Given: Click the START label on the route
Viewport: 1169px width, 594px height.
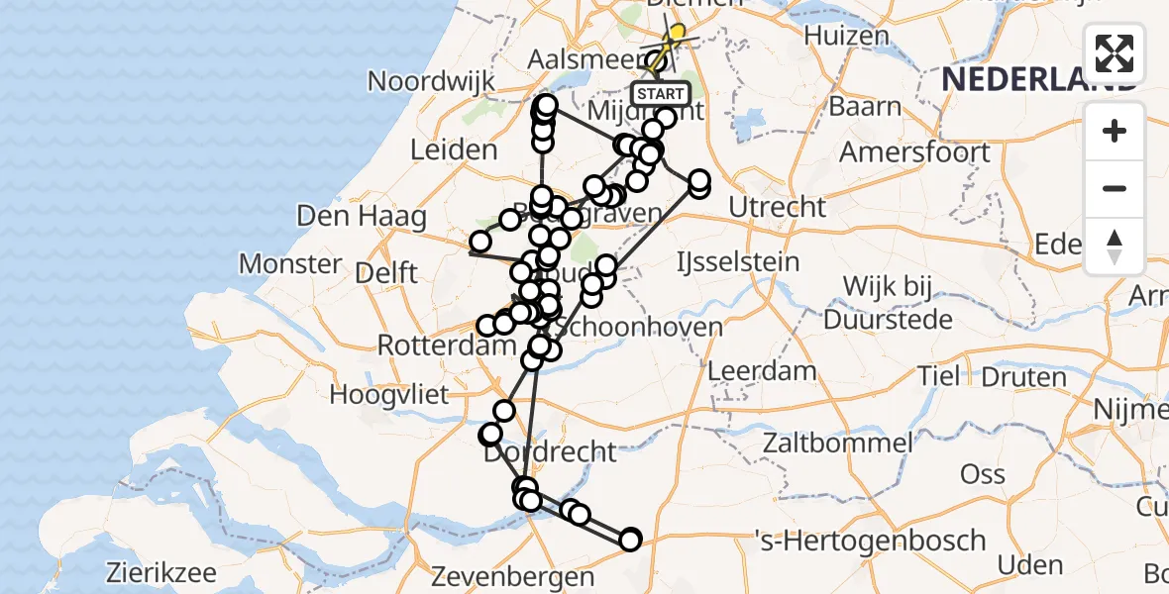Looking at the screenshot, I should pos(660,94).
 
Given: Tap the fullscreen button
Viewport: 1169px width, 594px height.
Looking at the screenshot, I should pos(1115,53).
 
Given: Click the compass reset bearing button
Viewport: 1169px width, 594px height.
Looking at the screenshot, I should pos(1115,247).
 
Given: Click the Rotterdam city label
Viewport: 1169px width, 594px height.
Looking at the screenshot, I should pos(445,346).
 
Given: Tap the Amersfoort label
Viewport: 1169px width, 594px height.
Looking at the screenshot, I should pos(914,152).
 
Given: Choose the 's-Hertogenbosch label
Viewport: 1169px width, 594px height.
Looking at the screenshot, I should pos(869,541).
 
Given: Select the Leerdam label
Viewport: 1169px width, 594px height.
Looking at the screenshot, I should pos(762,372).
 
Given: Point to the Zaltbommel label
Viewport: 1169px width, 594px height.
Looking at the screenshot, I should pos(838,442).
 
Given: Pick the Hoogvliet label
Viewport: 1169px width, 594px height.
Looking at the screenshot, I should pos(389,395).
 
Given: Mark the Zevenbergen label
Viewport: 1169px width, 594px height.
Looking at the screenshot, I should pos(512,576).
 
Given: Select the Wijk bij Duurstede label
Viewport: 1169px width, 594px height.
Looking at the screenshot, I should pos(888,303).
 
